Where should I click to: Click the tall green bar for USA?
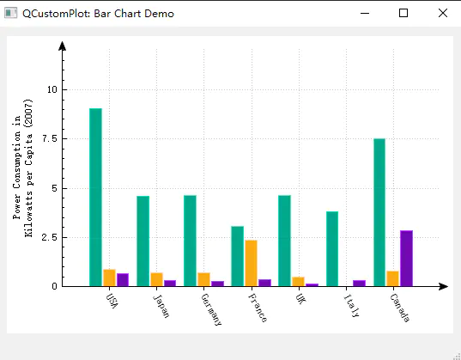pos(95,197)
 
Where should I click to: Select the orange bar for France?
pos(251,263)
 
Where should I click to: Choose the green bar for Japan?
pos(143,241)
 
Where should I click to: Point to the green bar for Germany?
pos(190,241)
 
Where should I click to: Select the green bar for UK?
pos(284,241)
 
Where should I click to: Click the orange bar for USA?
pos(109,278)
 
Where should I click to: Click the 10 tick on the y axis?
pos(52,89)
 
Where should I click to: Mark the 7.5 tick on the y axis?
pos(49,138)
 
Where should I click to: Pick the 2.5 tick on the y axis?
pos(49,237)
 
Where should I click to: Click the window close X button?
pos(442,14)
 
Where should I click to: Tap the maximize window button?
pos(403,14)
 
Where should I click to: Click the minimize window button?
pos(365,14)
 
